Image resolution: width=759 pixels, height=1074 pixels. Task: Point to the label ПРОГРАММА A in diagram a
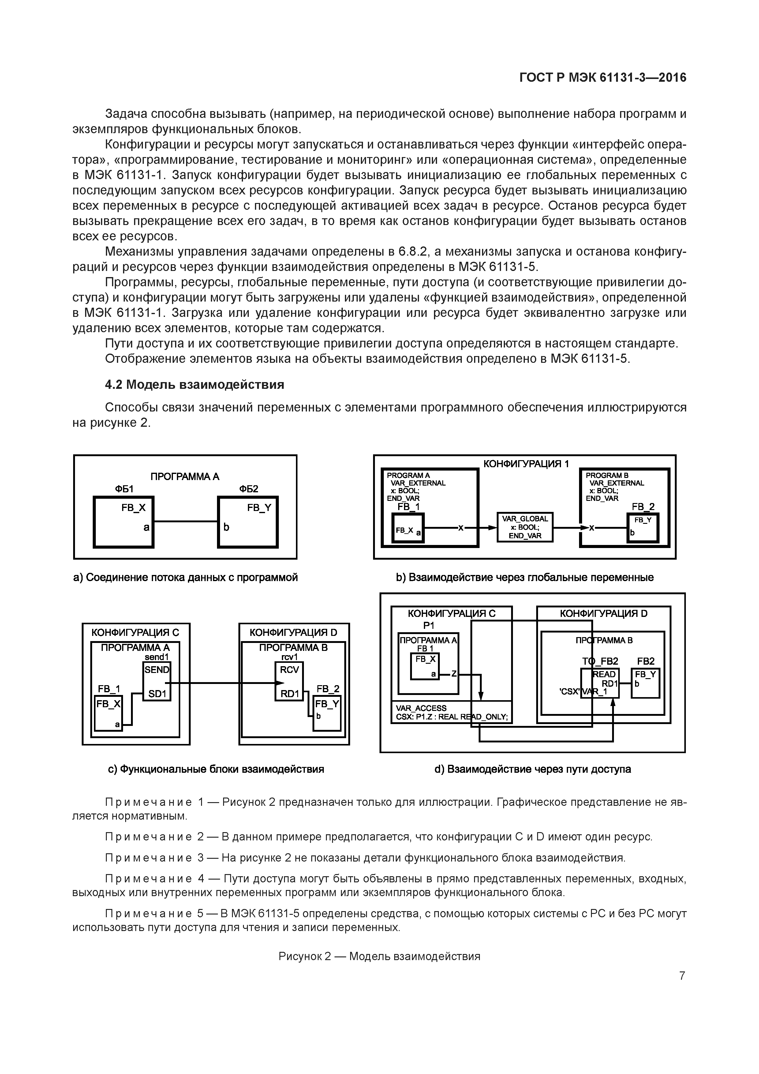click(185, 476)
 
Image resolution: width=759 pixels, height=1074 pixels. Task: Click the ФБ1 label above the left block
click(124, 489)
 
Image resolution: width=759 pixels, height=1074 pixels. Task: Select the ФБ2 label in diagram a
click(249, 489)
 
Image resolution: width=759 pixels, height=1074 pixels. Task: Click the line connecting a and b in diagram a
click(186, 521)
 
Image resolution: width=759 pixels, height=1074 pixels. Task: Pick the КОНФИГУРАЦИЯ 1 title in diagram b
click(526, 464)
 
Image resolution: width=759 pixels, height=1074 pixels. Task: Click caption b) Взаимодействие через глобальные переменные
click(524, 577)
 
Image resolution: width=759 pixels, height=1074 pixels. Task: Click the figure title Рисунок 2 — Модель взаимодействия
click(379, 956)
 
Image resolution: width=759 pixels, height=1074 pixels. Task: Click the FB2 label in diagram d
click(646, 661)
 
